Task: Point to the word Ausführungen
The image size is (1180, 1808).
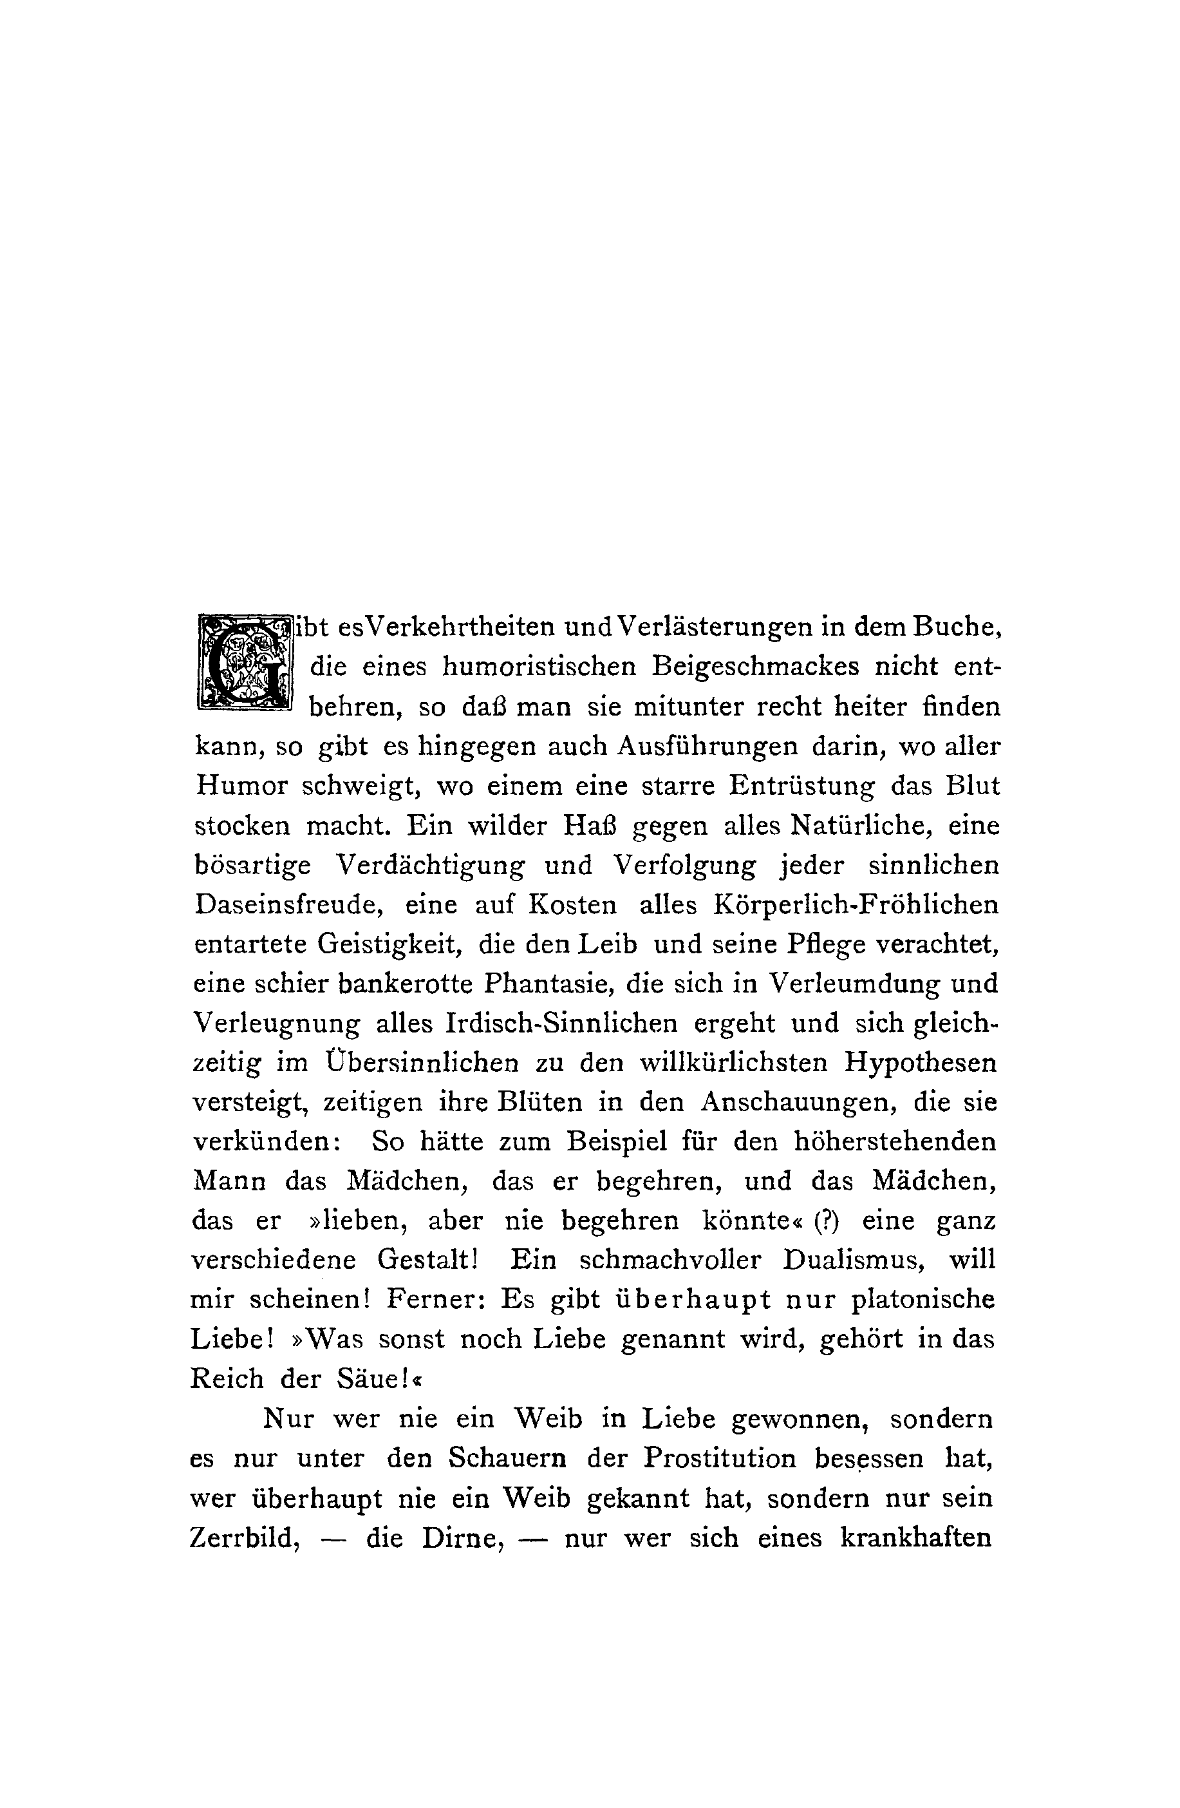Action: [x=707, y=747]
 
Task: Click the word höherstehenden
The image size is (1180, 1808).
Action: [x=894, y=1142]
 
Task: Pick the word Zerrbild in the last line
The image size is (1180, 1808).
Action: [x=246, y=1538]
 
